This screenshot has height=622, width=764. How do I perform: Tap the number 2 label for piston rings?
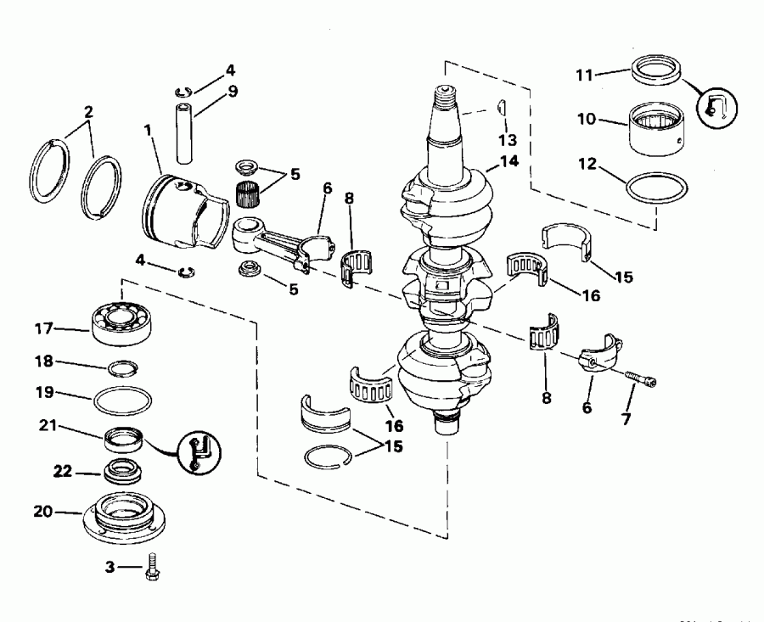coord(87,112)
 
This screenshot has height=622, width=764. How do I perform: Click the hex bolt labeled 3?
coord(153,567)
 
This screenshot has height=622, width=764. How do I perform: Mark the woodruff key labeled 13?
coord(501,108)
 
